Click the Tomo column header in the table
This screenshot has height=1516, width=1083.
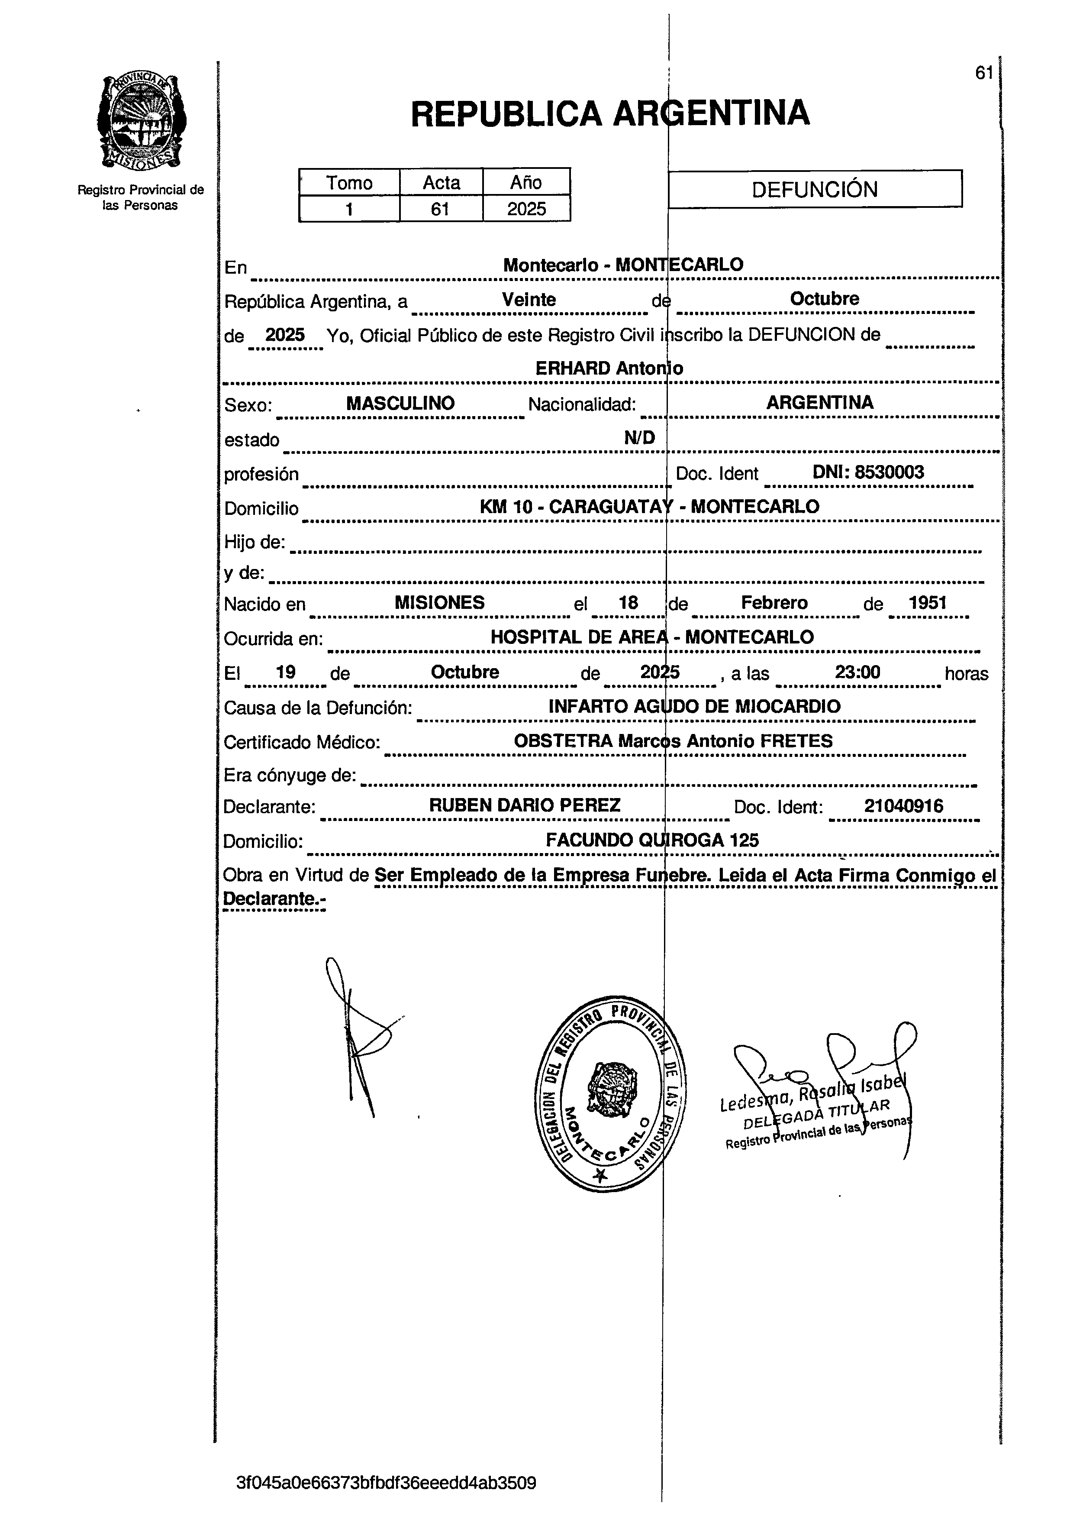coord(349,182)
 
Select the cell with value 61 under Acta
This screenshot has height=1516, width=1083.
coord(440,209)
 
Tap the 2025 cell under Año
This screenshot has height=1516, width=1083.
coord(526,209)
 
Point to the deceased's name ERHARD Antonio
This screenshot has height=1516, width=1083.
coord(609,368)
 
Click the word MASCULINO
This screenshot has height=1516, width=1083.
coord(400,403)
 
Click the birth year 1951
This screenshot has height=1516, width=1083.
coord(928,602)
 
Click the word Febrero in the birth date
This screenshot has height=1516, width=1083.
coord(774,602)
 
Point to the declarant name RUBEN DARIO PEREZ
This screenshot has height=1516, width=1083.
coord(524,805)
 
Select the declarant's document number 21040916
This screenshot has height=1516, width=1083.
coord(904,806)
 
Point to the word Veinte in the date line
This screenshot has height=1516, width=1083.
coord(529,300)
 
